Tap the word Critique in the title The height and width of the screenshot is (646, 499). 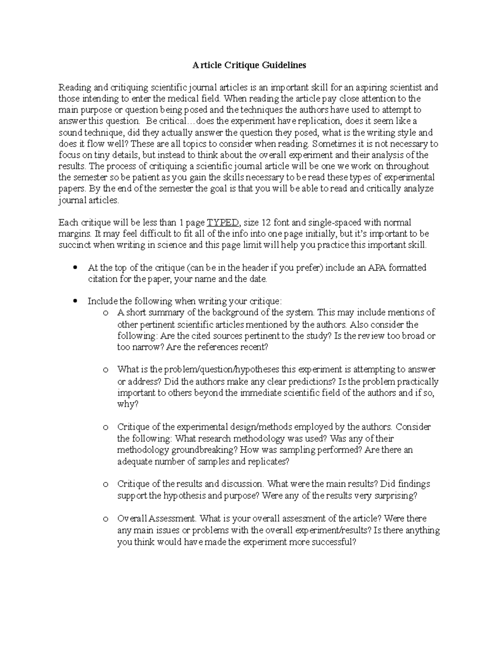tap(241, 65)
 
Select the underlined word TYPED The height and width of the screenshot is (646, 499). tap(222, 223)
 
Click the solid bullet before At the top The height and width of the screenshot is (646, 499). tap(75, 268)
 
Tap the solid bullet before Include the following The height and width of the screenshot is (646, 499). tap(75, 301)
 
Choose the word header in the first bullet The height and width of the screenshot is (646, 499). tap(254, 267)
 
